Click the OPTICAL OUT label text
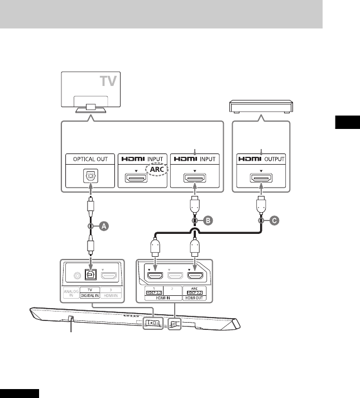(90, 159)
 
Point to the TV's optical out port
(90, 178)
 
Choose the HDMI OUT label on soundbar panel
(195, 296)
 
